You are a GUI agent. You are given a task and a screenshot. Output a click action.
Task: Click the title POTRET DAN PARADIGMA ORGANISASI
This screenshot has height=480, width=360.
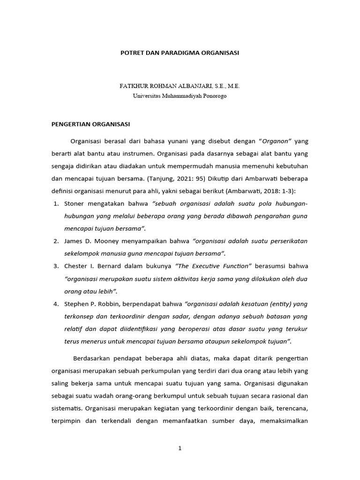click(180, 53)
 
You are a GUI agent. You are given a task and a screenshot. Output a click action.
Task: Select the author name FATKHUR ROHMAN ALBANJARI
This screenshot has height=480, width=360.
click(166, 87)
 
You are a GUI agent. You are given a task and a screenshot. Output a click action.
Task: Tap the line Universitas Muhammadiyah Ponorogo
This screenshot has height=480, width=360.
click(180, 96)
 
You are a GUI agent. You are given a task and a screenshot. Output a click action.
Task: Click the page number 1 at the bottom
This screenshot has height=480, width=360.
click(180, 448)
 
